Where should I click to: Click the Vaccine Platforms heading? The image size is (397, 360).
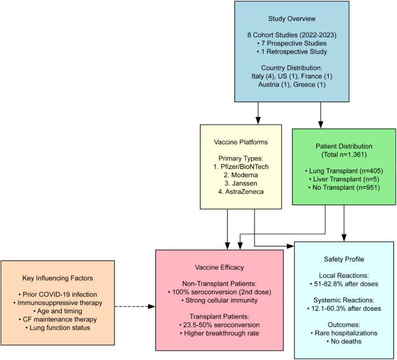(240, 143)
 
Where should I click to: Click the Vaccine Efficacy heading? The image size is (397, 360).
(219, 267)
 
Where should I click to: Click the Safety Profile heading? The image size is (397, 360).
(344, 259)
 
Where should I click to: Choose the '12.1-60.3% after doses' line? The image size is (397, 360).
(344, 308)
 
